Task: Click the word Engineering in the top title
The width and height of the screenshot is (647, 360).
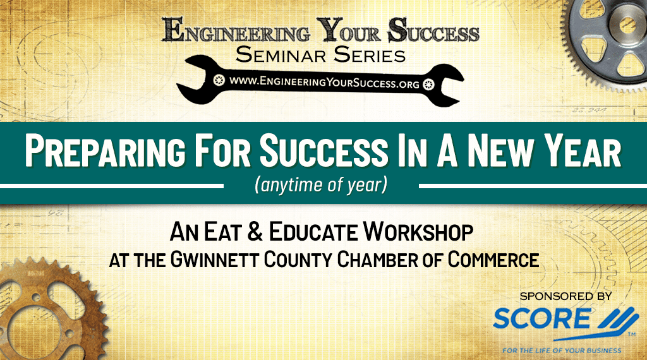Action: point(236,30)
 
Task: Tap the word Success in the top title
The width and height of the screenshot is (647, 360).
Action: point(433,30)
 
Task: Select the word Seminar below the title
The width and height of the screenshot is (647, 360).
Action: point(281,55)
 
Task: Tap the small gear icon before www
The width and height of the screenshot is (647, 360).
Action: point(219,80)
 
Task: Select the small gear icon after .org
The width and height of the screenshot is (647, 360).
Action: point(429,84)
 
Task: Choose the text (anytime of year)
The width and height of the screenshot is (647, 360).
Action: point(321,185)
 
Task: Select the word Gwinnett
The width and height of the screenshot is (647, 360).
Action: point(215,260)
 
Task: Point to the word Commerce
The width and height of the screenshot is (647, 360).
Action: point(493,260)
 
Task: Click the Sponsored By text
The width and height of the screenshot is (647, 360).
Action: point(565,296)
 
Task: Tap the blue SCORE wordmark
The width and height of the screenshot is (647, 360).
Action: point(541,318)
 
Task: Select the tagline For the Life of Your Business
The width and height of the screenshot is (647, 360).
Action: point(562,351)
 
